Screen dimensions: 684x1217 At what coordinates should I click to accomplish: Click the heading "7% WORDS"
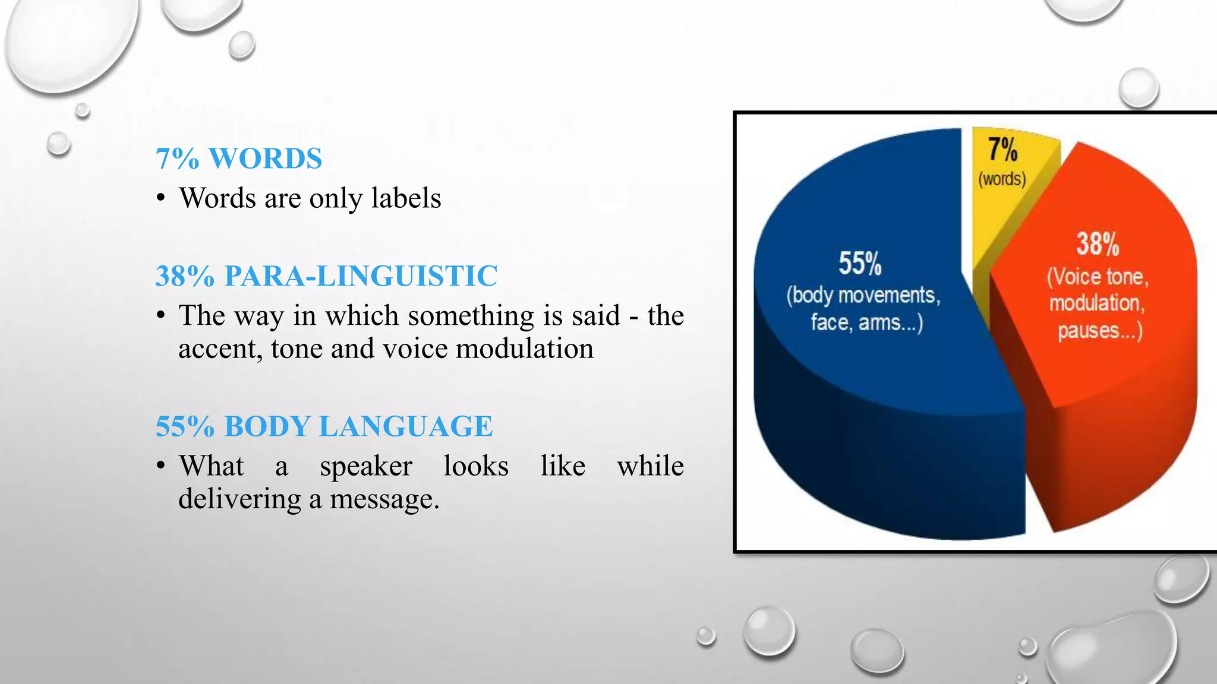pos(238,159)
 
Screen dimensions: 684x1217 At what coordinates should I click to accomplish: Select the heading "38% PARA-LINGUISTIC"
pos(326,276)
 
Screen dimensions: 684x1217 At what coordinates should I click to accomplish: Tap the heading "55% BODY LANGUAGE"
pos(324,426)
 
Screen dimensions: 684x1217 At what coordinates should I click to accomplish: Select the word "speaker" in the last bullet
pos(365,466)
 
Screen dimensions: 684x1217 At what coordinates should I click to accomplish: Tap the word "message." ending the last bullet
pos(384,499)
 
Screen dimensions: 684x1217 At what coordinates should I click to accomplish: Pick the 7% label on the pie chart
pos(1002,149)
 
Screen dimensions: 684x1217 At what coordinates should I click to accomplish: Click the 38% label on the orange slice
pos(1098,244)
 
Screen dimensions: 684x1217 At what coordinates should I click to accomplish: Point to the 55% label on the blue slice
pos(860,264)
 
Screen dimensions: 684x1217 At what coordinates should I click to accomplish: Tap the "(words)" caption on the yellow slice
pos(1002,179)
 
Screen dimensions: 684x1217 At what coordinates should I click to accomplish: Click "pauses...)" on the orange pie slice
pos(1100,331)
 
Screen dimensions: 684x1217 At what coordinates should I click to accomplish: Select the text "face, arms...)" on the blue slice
pos(867,322)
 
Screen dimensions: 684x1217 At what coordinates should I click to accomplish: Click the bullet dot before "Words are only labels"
pos(160,198)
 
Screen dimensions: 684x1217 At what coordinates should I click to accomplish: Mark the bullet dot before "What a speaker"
pos(160,466)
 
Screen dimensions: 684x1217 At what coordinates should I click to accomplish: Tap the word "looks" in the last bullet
pos(476,466)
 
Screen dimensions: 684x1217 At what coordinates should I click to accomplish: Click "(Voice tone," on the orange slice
pos(1098,277)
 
